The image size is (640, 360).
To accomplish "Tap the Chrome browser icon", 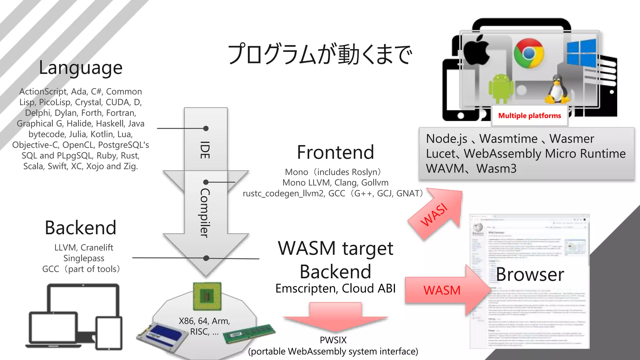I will [529, 53].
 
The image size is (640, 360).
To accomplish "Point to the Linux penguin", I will [557, 90].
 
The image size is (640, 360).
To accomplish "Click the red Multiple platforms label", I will [529, 116].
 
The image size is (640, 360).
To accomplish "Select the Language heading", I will [81, 68].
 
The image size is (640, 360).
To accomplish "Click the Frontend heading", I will [335, 152].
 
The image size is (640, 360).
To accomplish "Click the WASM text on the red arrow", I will [442, 290].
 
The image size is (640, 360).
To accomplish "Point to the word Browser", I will [530, 274].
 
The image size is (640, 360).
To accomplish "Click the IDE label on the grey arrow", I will [205, 150].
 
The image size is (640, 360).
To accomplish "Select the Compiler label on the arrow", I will [205, 212].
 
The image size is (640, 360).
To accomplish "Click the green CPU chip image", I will [207, 296].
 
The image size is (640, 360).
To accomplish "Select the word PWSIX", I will [333, 340].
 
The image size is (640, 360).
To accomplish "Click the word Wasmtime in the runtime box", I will [508, 138].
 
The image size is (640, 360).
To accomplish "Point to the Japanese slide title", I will [320, 54].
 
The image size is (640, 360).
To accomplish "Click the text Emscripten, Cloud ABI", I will [335, 288].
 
